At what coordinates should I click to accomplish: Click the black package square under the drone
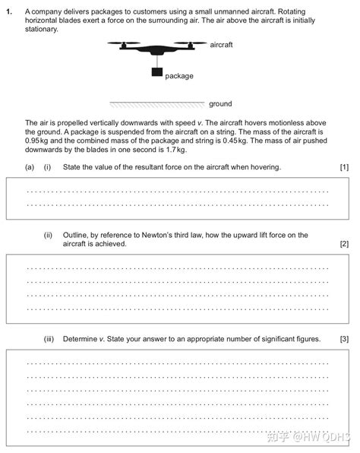coord(158,73)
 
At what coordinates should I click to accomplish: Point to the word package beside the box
coord(179,76)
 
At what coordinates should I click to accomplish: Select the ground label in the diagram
coord(220,103)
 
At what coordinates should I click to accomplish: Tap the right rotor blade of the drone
coord(191,44)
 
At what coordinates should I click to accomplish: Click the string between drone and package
coord(158,62)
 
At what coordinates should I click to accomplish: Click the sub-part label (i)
coord(47,166)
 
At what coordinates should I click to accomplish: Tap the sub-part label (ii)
coord(48,235)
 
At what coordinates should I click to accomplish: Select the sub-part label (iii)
coord(49,338)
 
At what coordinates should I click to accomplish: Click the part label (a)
coord(29,166)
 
